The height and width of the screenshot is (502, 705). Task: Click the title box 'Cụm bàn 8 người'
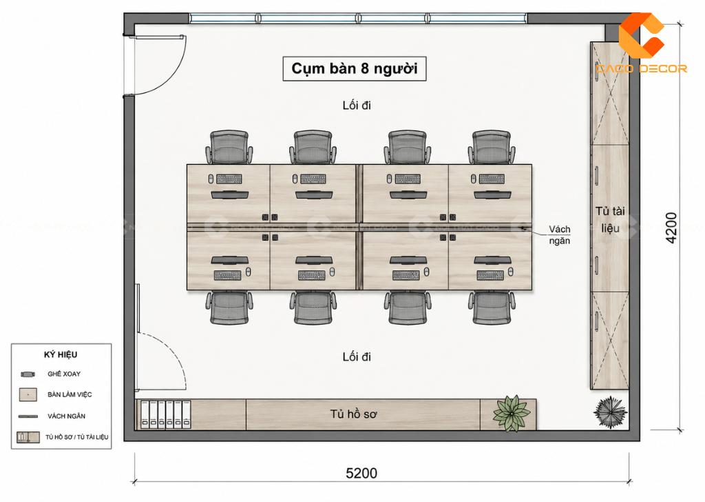pyautogui.click(x=355, y=68)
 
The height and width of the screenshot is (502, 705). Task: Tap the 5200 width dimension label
pyautogui.click(x=361, y=473)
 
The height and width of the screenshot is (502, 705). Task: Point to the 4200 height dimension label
pyautogui.click(x=671, y=228)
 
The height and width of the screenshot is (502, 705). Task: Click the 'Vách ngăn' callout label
pyautogui.click(x=559, y=234)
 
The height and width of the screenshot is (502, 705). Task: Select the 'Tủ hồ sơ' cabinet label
pyautogui.click(x=353, y=414)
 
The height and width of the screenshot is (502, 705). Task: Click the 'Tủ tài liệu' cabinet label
pyautogui.click(x=610, y=219)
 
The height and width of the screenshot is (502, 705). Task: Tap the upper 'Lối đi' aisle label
pyautogui.click(x=357, y=106)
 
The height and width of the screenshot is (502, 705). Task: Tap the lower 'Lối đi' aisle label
pyautogui.click(x=357, y=357)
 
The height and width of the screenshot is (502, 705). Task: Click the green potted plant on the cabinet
pyautogui.click(x=512, y=413)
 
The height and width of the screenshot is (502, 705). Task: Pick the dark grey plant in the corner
pyautogui.click(x=610, y=412)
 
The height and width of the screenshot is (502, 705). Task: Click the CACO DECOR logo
pyautogui.click(x=641, y=43)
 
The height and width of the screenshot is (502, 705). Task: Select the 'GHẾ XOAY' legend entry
pyautogui.click(x=64, y=374)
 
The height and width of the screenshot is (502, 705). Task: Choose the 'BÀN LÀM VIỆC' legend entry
pyautogui.click(x=70, y=394)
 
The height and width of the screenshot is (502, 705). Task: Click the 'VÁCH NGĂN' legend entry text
pyautogui.click(x=66, y=416)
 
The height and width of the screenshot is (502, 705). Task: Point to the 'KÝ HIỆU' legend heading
pyautogui.click(x=61, y=354)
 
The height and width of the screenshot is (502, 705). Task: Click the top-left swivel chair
pyautogui.click(x=229, y=148)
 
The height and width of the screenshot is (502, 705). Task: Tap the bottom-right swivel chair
pyautogui.click(x=492, y=308)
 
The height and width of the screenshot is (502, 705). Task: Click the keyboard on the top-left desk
pyautogui.click(x=229, y=179)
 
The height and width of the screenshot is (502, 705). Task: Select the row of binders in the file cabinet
pyautogui.click(x=165, y=414)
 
